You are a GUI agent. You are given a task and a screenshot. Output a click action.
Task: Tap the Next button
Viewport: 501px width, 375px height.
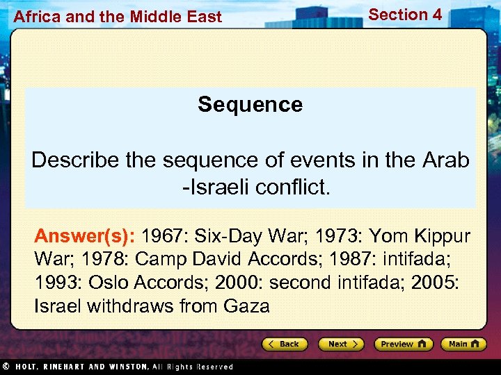pos(341,344)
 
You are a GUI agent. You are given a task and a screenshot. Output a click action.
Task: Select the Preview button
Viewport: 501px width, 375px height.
pos(403,344)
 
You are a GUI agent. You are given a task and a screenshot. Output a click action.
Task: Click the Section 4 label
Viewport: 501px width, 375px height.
pos(405,15)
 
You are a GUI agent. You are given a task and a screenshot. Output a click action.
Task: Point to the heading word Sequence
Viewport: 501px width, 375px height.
pos(250,105)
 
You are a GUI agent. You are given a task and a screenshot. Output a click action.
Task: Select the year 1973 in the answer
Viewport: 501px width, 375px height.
pos(336,236)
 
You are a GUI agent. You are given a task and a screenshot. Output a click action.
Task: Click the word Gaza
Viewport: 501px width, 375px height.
pos(246,306)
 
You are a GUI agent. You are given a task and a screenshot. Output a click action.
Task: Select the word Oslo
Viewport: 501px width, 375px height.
pos(113,283)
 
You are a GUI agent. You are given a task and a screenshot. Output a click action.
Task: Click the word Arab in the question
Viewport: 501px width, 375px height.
pos(445,160)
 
